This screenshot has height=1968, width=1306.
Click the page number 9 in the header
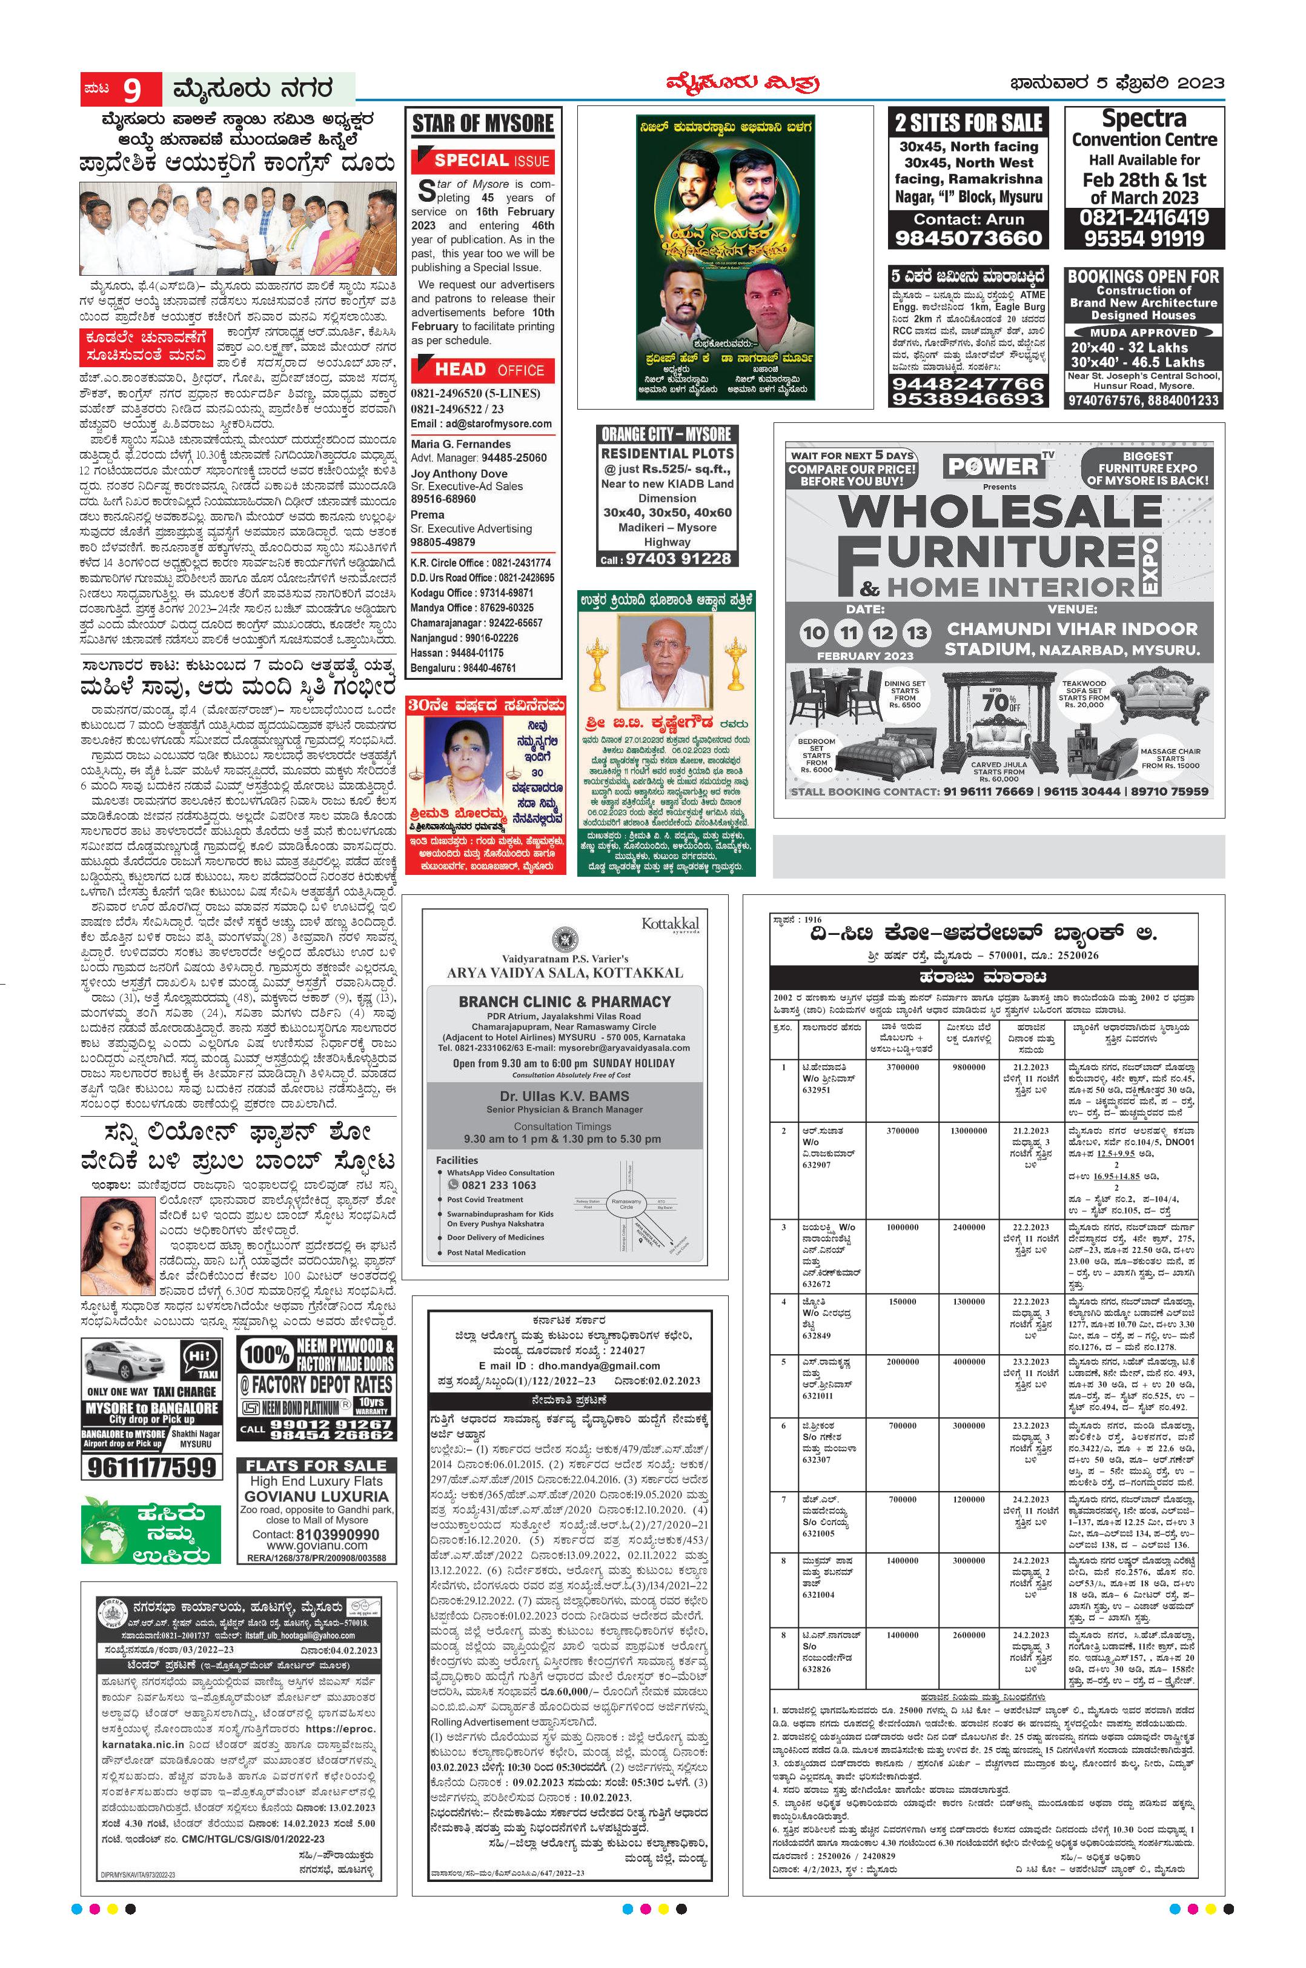pyautogui.click(x=131, y=89)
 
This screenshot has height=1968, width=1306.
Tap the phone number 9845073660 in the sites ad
pyautogui.click(x=969, y=238)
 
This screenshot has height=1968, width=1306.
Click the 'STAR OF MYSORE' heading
pyautogui.click(x=483, y=124)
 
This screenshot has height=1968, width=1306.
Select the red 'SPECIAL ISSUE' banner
pyautogui.click(x=483, y=161)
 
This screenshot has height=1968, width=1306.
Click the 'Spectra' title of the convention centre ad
pyautogui.click(x=1144, y=118)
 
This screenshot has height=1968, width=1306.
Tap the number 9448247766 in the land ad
pyautogui.click(x=967, y=384)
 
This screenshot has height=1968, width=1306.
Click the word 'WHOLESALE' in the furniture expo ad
pyautogui.click(x=999, y=510)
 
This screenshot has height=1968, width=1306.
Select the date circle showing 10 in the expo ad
pyautogui.click(x=814, y=633)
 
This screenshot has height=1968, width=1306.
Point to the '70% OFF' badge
pyautogui.click(x=999, y=702)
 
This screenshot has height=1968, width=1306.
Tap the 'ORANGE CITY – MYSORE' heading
pyautogui.click(x=666, y=434)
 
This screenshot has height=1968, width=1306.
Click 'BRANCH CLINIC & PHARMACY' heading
pyautogui.click(x=564, y=1002)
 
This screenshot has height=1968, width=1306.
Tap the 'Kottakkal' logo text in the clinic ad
pyautogui.click(x=670, y=924)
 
